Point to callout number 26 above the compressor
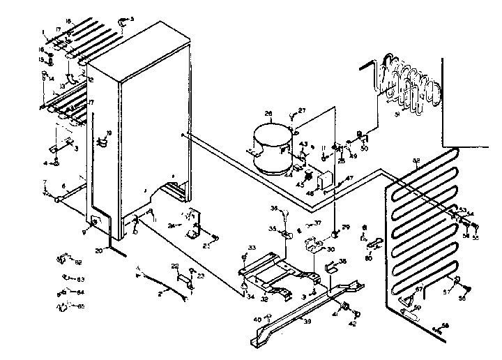[268, 114]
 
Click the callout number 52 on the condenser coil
[417, 161]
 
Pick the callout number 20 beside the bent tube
[98, 249]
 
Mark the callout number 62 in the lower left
[79, 262]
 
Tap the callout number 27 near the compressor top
[303, 111]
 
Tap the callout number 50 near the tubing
[364, 149]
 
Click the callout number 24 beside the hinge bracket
[171, 225]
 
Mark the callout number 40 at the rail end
[257, 320]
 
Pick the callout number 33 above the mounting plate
[252, 248]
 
